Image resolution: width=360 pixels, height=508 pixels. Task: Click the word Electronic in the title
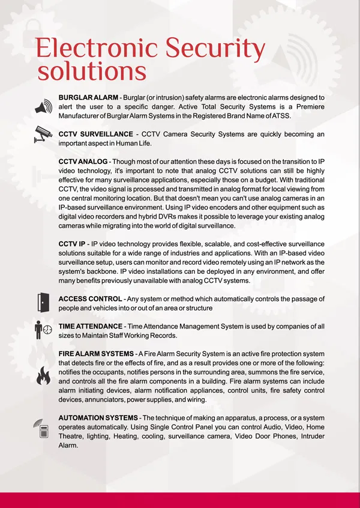97,47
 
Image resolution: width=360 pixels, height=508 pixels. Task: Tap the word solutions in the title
92,71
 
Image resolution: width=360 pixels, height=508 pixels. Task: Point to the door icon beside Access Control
43,303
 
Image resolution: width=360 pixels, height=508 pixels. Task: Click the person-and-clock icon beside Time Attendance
43,330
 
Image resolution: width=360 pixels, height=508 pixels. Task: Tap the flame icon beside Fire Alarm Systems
43,376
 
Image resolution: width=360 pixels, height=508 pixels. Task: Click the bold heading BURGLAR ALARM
88,97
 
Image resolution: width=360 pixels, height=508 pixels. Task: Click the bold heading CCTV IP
71,244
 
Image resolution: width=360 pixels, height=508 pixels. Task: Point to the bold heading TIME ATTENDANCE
92,326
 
